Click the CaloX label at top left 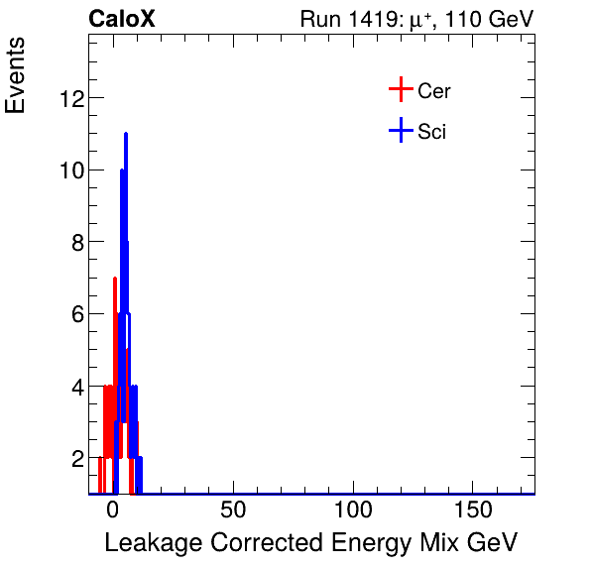point(122,19)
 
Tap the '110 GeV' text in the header point(491,20)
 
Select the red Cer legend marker point(400,90)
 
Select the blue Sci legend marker point(400,130)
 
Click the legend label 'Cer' point(434,91)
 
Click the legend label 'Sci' point(432,131)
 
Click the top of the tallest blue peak point(126,134)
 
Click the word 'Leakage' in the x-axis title point(151,543)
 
